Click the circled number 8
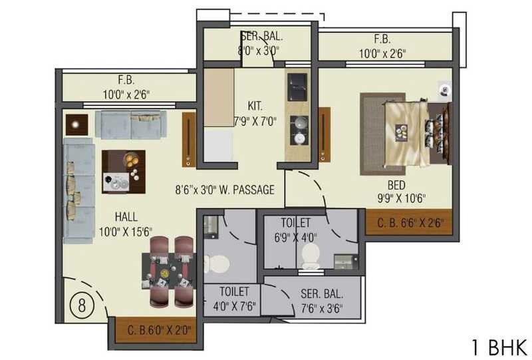point(81,307)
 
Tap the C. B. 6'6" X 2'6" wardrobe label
point(410,222)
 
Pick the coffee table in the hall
point(123,172)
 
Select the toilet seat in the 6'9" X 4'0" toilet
point(311,256)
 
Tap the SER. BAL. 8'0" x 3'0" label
point(259,44)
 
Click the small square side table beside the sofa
point(78,124)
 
